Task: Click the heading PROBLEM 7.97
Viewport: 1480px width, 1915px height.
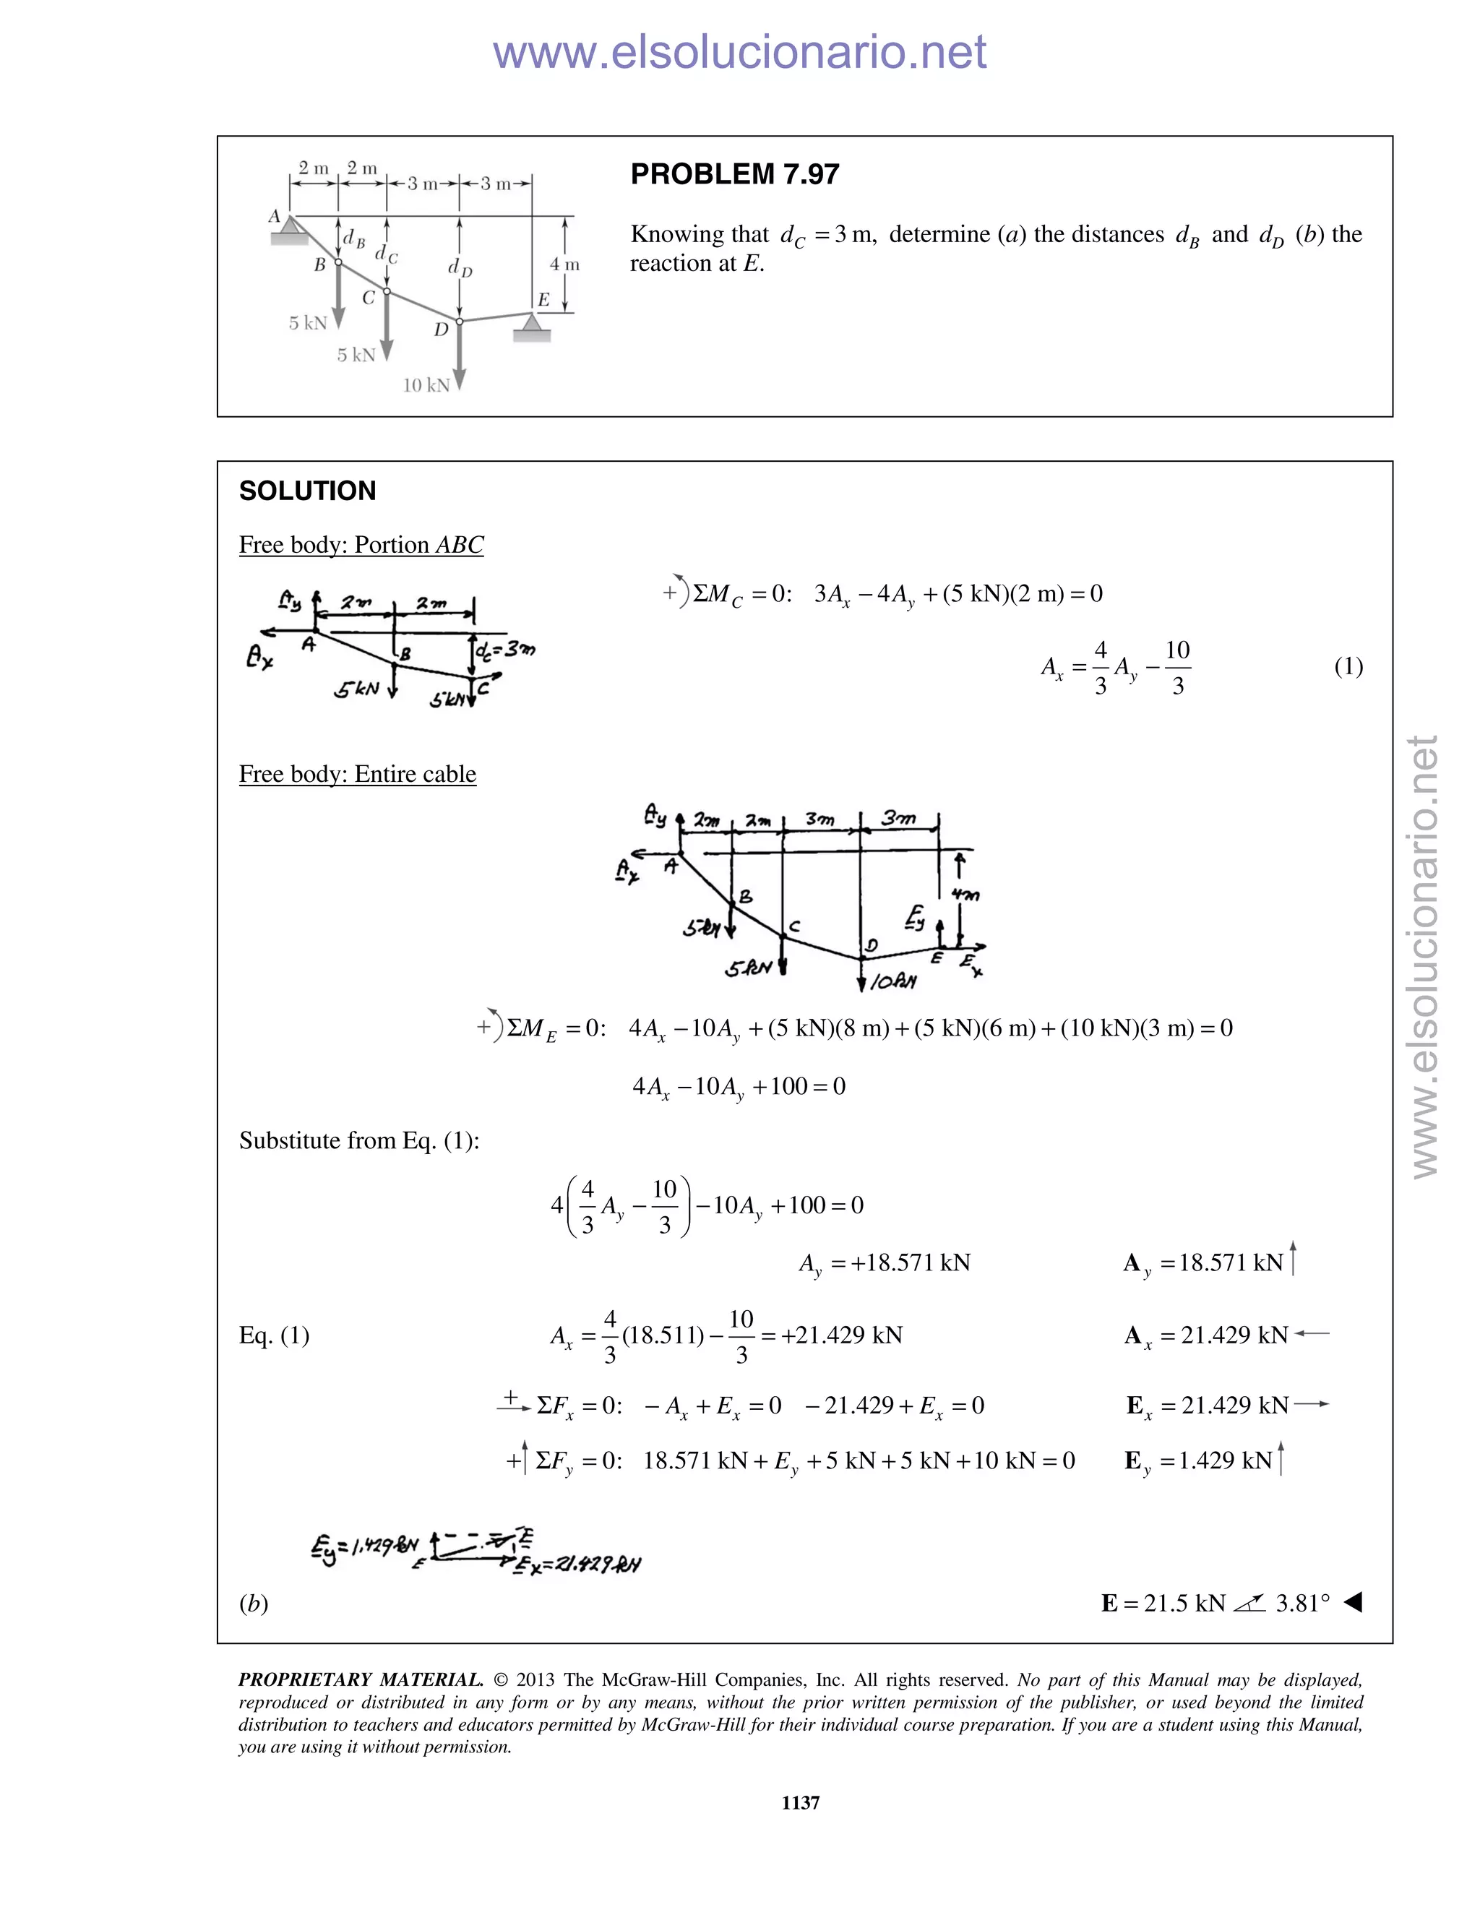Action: (x=734, y=174)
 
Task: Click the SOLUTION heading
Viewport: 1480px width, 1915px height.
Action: (x=307, y=491)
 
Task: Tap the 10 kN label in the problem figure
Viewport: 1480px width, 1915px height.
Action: (x=426, y=385)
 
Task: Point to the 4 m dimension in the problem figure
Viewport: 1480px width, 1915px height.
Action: (x=564, y=264)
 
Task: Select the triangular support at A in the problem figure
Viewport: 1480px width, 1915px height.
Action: (x=288, y=230)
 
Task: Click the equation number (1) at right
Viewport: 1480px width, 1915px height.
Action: (x=1348, y=666)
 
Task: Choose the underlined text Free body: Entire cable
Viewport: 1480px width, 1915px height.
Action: (x=357, y=774)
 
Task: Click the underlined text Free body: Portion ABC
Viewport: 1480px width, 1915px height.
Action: (x=361, y=546)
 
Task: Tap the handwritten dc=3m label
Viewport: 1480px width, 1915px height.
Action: (x=504, y=650)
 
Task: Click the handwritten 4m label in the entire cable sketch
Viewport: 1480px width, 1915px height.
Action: (x=965, y=895)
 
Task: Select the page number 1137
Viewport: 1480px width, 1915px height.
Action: (x=800, y=1802)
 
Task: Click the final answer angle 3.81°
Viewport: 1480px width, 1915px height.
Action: (x=1302, y=1604)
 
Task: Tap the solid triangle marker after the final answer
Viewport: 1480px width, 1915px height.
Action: (x=1352, y=1603)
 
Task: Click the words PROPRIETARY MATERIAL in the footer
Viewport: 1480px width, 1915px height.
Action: (x=361, y=1680)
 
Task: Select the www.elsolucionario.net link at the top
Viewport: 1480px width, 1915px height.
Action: (x=739, y=52)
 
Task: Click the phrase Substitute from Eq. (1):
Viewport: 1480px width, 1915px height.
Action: (x=358, y=1141)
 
